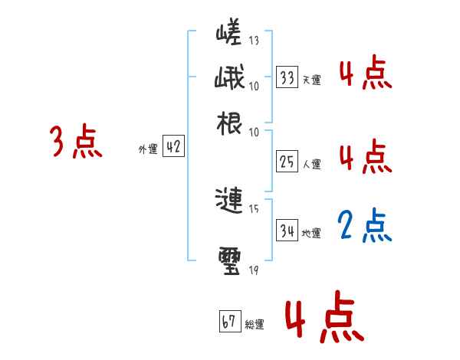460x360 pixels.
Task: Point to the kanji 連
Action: pos(230,201)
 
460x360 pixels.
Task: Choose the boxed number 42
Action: pos(173,148)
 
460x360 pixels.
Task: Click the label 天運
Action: pos(311,80)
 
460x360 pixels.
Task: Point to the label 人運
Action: pos(311,163)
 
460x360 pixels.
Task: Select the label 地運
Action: pos(311,233)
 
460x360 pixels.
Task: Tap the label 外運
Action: pos(148,150)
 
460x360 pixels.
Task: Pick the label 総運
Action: pos(255,324)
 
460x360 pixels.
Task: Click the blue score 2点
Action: pos(365,225)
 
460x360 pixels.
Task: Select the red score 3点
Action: pos(77,142)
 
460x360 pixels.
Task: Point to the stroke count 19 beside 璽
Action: pos(254,269)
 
